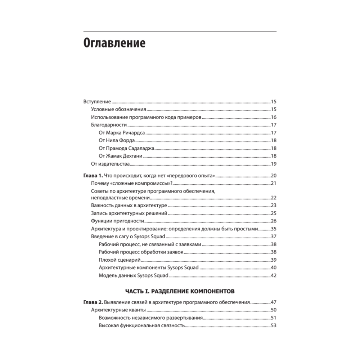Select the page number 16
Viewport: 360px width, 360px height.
[x=273, y=117]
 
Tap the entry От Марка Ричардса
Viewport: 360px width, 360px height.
[x=122, y=133]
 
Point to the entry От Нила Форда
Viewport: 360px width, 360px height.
[x=116, y=141]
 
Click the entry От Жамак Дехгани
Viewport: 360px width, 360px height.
[x=120, y=156]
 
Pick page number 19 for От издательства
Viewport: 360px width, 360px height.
[x=273, y=164]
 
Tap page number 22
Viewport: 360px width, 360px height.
[x=273, y=198]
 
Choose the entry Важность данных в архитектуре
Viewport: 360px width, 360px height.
[x=129, y=206]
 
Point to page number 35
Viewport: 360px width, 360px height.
[x=273, y=229]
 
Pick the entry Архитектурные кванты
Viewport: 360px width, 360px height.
[x=118, y=310]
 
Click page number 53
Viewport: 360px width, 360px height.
[x=273, y=326]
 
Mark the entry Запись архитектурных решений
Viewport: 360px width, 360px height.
[x=129, y=213]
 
